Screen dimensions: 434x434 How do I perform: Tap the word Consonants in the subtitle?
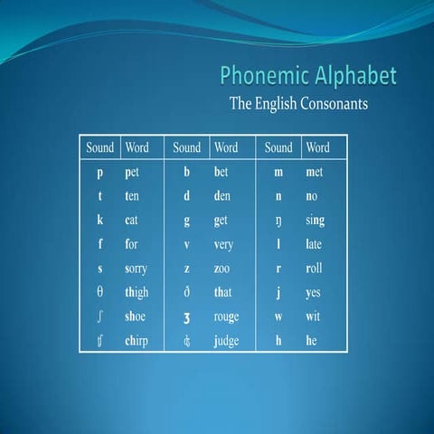pos(325,104)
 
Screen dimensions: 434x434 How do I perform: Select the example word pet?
pos(133,171)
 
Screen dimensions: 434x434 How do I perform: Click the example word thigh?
pos(137,292)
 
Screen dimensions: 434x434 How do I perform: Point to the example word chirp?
pos(137,341)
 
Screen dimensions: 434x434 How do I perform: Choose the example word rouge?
pos(226,317)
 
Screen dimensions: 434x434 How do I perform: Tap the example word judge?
pos(226,342)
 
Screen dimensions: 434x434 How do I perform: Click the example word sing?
pos(316,220)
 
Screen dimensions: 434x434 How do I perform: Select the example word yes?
pos(314,293)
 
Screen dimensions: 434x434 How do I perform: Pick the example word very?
pos(224,244)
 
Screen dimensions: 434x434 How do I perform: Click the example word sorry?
pos(137,269)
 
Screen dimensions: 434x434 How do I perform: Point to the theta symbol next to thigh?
pos(99,292)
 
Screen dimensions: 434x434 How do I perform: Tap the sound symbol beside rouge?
pos(186,318)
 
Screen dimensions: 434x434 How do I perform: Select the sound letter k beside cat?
pos(99,220)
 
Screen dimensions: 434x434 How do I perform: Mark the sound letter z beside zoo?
pos(186,269)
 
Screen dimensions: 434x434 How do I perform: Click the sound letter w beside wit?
pos(278,317)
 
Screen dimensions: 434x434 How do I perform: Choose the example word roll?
pos(314,269)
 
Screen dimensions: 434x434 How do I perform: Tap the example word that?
pos(223,292)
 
